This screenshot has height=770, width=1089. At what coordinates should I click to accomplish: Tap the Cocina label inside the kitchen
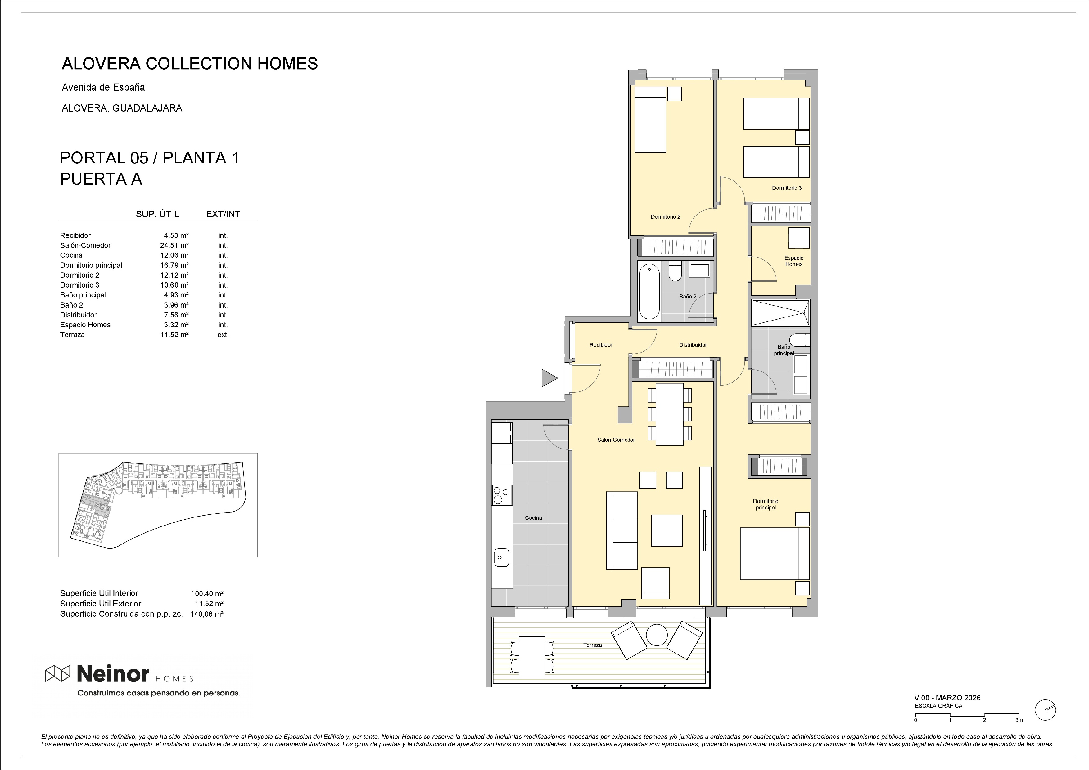pos(533,517)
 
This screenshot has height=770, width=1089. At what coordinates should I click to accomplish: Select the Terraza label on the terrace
pos(592,645)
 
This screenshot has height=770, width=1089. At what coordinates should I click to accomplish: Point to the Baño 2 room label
pos(688,297)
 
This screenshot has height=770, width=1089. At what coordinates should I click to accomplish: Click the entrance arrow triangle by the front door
pos(549,378)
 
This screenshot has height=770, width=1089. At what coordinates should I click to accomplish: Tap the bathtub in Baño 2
pos(649,292)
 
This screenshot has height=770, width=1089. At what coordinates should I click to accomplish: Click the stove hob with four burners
pos(502,495)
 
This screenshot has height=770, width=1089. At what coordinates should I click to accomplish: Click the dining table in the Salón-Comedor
pos(670,414)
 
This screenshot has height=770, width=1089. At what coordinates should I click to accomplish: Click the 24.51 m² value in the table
pos(174,245)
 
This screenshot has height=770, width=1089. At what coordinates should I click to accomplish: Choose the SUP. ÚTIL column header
pos(157,214)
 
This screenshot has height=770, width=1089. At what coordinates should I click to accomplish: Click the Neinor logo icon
pos(58,673)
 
